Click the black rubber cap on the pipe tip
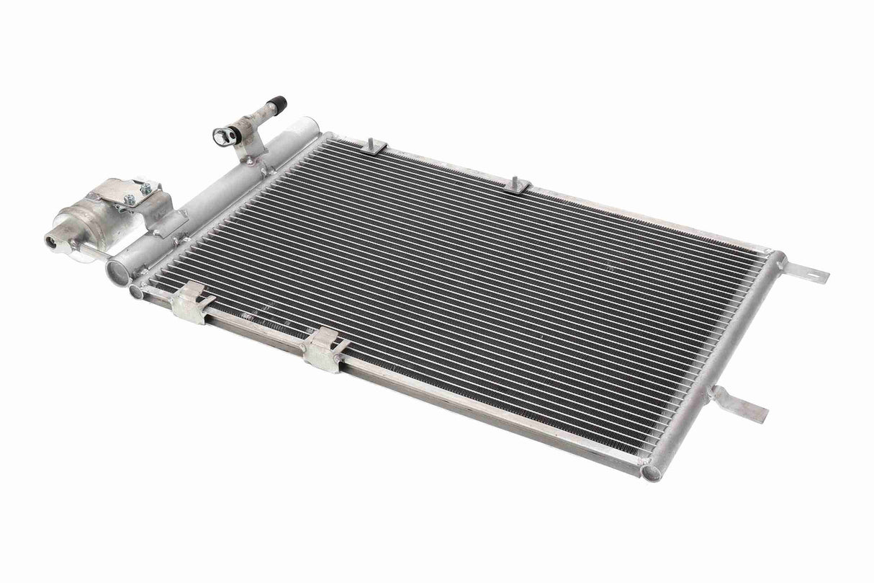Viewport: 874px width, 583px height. tap(276, 103)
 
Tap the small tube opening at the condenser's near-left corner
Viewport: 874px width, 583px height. tap(136, 291)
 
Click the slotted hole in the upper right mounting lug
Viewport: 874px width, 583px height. tap(816, 275)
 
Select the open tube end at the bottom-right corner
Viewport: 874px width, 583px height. tap(652, 473)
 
